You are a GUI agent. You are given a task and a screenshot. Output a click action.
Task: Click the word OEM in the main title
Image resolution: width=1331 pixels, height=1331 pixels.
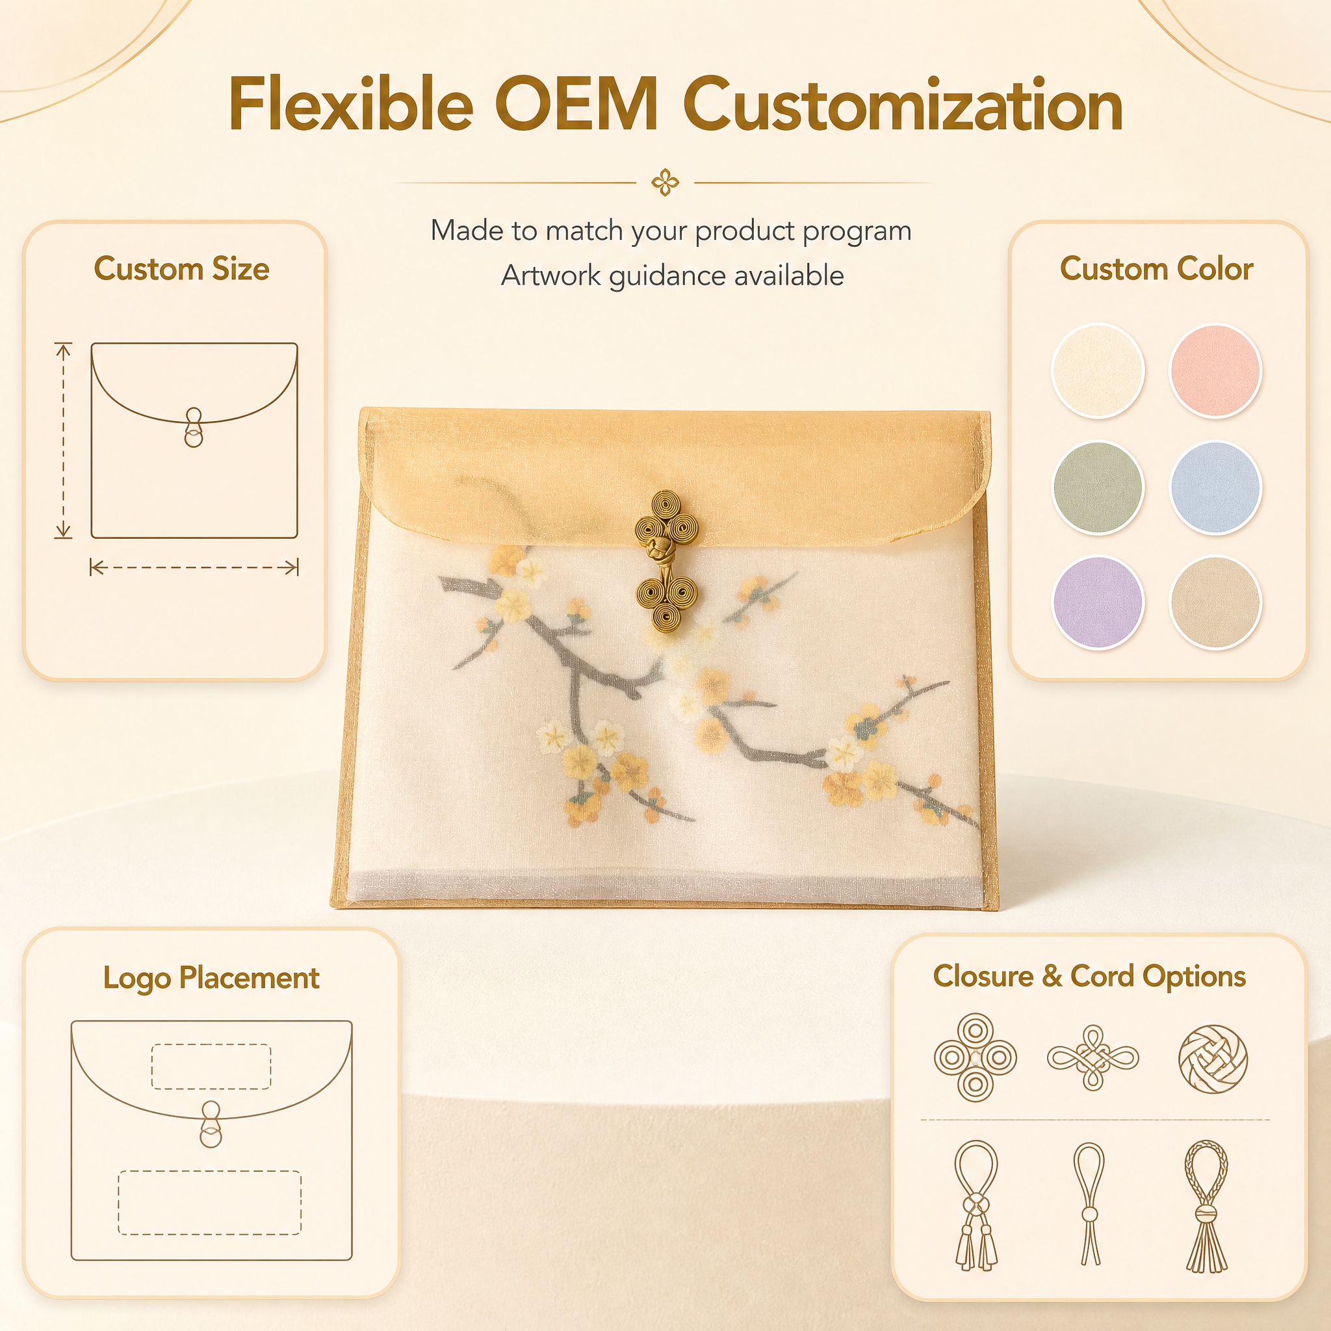[576, 105]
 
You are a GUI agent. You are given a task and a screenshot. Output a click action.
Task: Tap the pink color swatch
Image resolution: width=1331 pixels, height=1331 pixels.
[1215, 370]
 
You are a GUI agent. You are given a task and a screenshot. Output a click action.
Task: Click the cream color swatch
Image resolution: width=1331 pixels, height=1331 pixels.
[1098, 370]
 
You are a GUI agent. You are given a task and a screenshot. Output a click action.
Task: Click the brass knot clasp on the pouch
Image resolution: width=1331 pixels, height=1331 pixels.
[666, 561]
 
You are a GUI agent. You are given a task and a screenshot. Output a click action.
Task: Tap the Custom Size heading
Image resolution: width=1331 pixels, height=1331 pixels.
[181, 268]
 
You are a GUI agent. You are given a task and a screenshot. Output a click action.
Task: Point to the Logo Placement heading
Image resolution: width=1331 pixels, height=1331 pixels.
[211, 977]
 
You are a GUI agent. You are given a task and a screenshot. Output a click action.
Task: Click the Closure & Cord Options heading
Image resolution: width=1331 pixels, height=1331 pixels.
[1089, 976]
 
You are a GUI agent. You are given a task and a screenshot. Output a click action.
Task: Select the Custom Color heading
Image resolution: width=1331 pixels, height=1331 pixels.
[1156, 268]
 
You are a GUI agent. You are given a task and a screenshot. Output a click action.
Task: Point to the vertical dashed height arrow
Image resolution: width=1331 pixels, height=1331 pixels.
[64, 439]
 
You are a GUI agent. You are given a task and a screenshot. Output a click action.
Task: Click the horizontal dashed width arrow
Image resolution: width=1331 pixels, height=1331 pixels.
[194, 567]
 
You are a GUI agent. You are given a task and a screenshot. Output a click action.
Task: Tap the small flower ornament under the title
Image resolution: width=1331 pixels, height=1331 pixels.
[665, 183]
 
